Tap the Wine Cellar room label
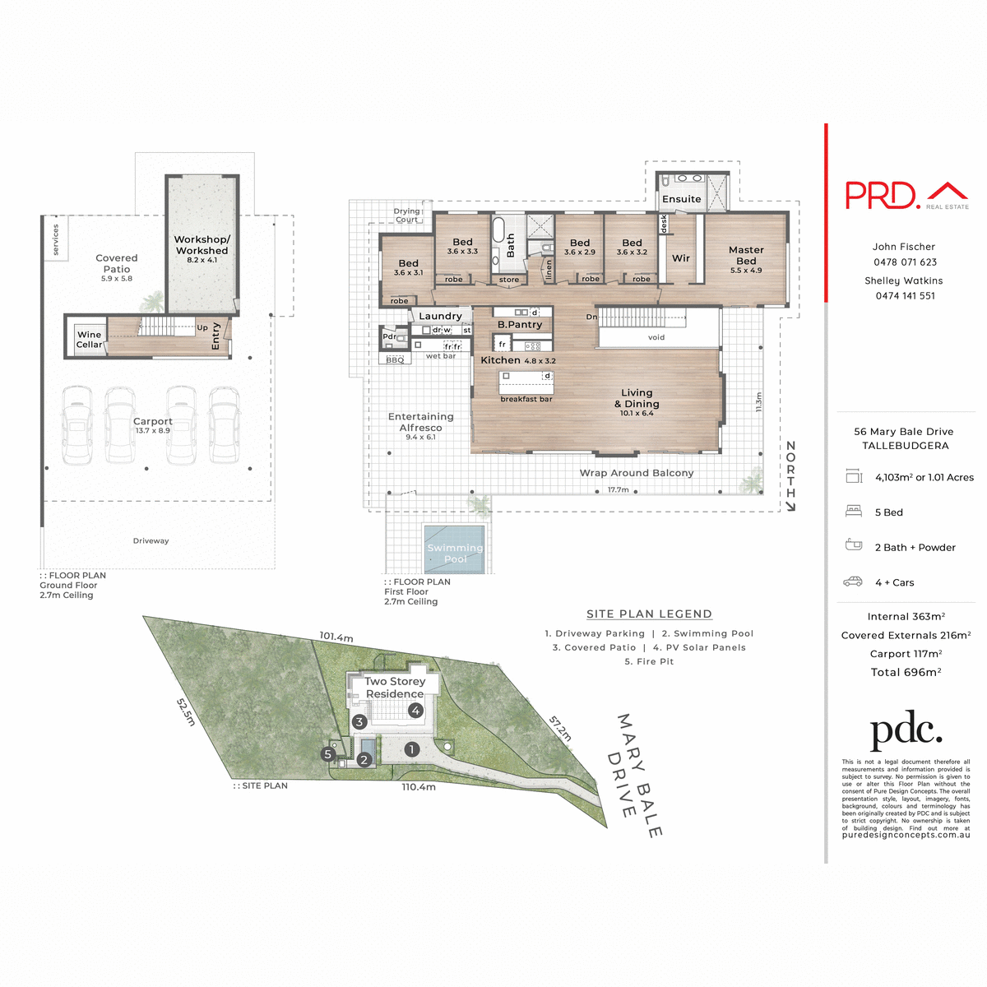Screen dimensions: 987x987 pyautogui.click(x=89, y=340)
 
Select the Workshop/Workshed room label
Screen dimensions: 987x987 pyautogui.click(x=202, y=245)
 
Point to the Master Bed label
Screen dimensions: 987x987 pyautogui.click(x=746, y=255)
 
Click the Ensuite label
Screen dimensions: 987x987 pyautogui.click(x=682, y=199)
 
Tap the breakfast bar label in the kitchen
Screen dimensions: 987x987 pyautogui.click(x=526, y=399)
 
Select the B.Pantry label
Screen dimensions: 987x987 pyautogui.click(x=520, y=325)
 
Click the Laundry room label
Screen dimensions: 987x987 pyautogui.click(x=440, y=316)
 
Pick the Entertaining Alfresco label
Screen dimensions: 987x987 pyautogui.click(x=420, y=422)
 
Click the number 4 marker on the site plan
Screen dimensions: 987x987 pyautogui.click(x=416, y=711)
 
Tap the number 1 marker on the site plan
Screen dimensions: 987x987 pyautogui.click(x=412, y=749)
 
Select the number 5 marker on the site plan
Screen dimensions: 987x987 pyautogui.click(x=328, y=754)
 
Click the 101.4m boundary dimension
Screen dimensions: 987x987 pyautogui.click(x=336, y=637)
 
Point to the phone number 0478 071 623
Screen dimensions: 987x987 pyautogui.click(x=905, y=262)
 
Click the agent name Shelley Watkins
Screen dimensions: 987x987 pyautogui.click(x=903, y=280)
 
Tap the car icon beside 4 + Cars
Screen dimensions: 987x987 pyautogui.click(x=853, y=582)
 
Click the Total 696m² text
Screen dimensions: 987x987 pyautogui.click(x=906, y=672)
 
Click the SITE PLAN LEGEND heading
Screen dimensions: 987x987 pyautogui.click(x=649, y=614)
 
